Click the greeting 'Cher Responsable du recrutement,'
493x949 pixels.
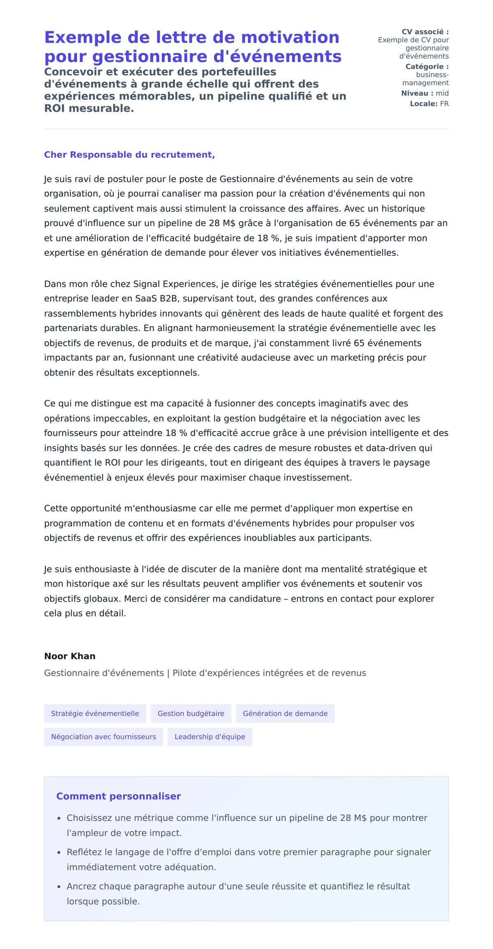coord(129,155)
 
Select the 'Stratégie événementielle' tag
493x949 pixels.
coord(95,713)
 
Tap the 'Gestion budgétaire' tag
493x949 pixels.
coord(191,713)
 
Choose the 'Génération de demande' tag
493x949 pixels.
coord(285,713)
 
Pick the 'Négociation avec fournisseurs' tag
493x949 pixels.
coord(103,737)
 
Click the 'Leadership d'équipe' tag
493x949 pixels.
coord(210,737)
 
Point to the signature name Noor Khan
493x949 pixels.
coord(70,656)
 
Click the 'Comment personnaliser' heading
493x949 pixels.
coord(118,796)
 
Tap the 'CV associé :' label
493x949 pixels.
coord(425,32)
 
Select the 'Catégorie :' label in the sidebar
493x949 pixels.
coord(427,67)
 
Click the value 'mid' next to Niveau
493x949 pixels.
coord(442,93)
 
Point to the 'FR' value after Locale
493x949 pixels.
coord(444,104)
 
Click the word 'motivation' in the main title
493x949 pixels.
coord(290,37)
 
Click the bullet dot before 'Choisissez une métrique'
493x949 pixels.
coord(59,818)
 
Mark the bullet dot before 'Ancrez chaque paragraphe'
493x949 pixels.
coord(59,887)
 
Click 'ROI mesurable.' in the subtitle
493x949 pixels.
coord(89,108)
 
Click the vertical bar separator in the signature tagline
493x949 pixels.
coord(168,673)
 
